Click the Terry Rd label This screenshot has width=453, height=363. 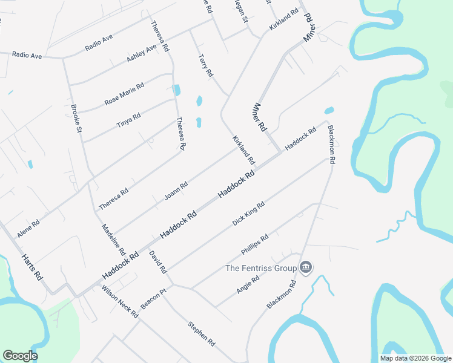(206, 65)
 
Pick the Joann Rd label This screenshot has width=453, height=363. (176, 191)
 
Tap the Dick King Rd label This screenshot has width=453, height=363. (248, 214)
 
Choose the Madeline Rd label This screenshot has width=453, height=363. (113, 239)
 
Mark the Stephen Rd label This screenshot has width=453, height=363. (202, 333)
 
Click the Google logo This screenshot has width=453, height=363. (19, 356)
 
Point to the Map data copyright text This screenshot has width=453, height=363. (415, 358)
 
